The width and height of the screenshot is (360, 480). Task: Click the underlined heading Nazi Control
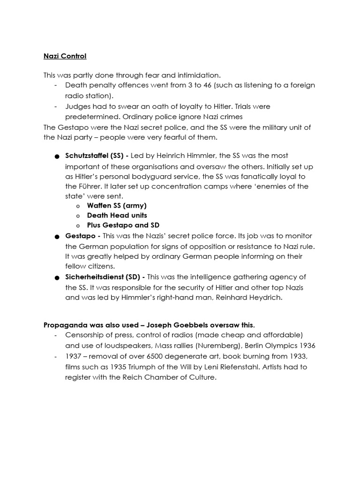65,56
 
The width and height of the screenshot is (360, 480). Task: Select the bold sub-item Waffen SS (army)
117,205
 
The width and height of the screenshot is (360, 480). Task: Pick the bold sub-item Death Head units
117,215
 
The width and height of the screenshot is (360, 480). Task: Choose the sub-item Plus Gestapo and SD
123,225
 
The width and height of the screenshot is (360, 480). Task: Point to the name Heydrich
265,297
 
